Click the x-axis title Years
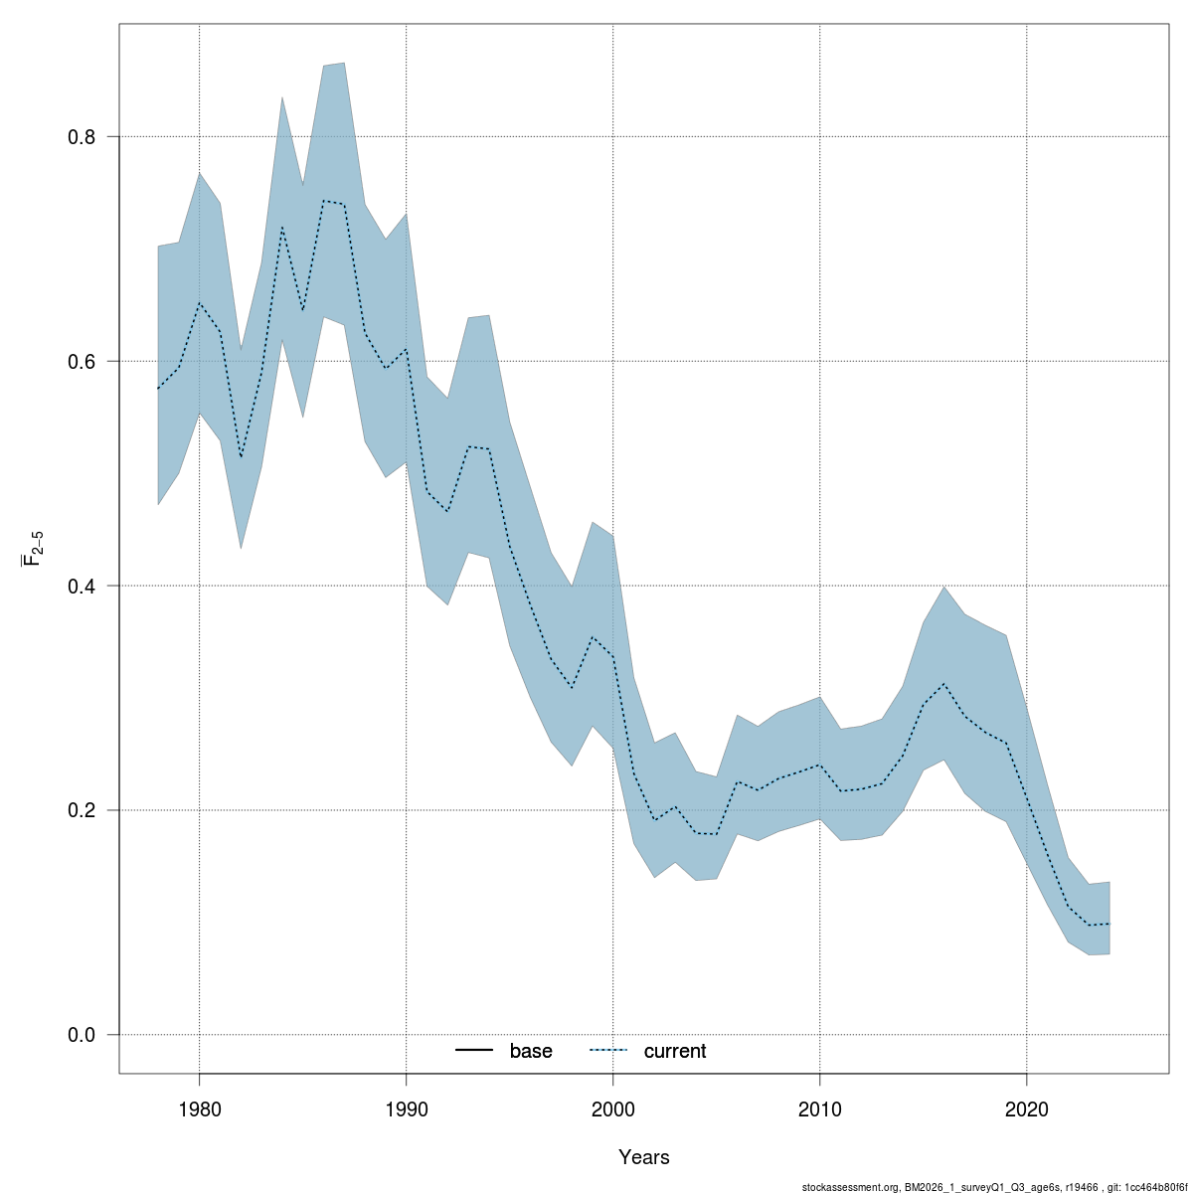tap(644, 1157)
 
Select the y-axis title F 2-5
tap(33, 549)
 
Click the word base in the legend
tap(531, 1051)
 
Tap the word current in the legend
tap(675, 1051)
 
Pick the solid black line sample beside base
tap(475, 1051)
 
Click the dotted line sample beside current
tap(608, 1051)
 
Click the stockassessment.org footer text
tap(994, 1186)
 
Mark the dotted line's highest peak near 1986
tap(323, 201)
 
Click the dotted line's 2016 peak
tap(943, 684)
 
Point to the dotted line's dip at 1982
tap(241, 457)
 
